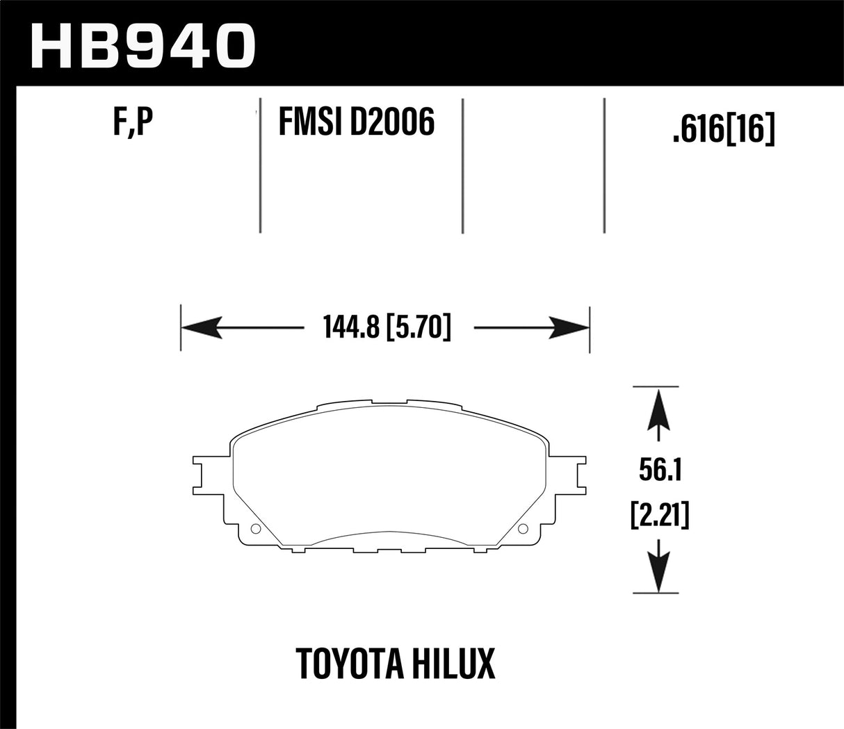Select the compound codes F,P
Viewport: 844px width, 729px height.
tap(132, 124)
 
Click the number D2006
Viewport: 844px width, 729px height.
tap(393, 123)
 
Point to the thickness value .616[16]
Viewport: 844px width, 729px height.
tap(723, 129)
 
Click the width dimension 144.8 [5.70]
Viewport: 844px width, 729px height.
tap(387, 327)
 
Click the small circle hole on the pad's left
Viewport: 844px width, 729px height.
tap(254, 530)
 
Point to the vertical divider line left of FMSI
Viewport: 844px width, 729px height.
tap(259, 167)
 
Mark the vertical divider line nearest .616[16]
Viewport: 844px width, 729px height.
tap(604, 167)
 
